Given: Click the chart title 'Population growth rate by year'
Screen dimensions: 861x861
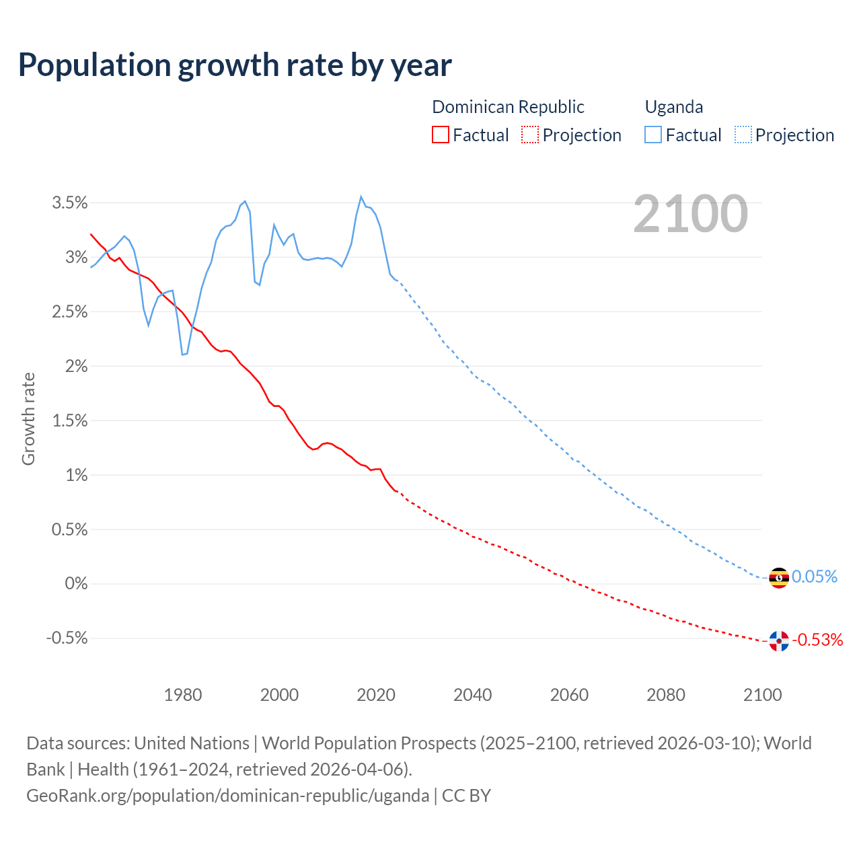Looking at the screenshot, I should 235,65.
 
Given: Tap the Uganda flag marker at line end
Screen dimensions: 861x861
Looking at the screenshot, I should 779,578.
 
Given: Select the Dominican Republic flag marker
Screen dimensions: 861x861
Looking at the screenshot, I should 779,641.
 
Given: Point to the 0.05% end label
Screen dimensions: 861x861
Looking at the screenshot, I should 815,577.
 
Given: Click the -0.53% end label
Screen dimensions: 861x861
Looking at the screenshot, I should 817,640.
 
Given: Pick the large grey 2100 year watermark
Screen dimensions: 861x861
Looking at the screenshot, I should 690,214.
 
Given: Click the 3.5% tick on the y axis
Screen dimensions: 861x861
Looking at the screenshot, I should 70,203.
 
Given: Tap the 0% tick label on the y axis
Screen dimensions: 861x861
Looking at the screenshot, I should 76,584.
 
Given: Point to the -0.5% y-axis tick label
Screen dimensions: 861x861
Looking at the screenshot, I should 67,638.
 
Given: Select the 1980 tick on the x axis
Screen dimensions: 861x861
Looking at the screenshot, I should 183,696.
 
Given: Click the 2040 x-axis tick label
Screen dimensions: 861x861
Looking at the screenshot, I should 472,696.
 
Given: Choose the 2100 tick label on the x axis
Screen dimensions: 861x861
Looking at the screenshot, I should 762,696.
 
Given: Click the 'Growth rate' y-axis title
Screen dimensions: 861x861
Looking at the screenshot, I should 28,419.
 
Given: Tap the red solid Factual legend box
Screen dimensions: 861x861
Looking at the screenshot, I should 440,135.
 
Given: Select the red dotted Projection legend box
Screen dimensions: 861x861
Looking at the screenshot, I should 530,135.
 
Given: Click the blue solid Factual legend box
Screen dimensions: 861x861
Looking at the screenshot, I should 652,135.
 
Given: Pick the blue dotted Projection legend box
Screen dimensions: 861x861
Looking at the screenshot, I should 743,135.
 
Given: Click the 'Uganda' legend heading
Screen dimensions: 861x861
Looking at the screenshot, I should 674,107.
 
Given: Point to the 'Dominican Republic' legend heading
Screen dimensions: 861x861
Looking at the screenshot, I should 508,107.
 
